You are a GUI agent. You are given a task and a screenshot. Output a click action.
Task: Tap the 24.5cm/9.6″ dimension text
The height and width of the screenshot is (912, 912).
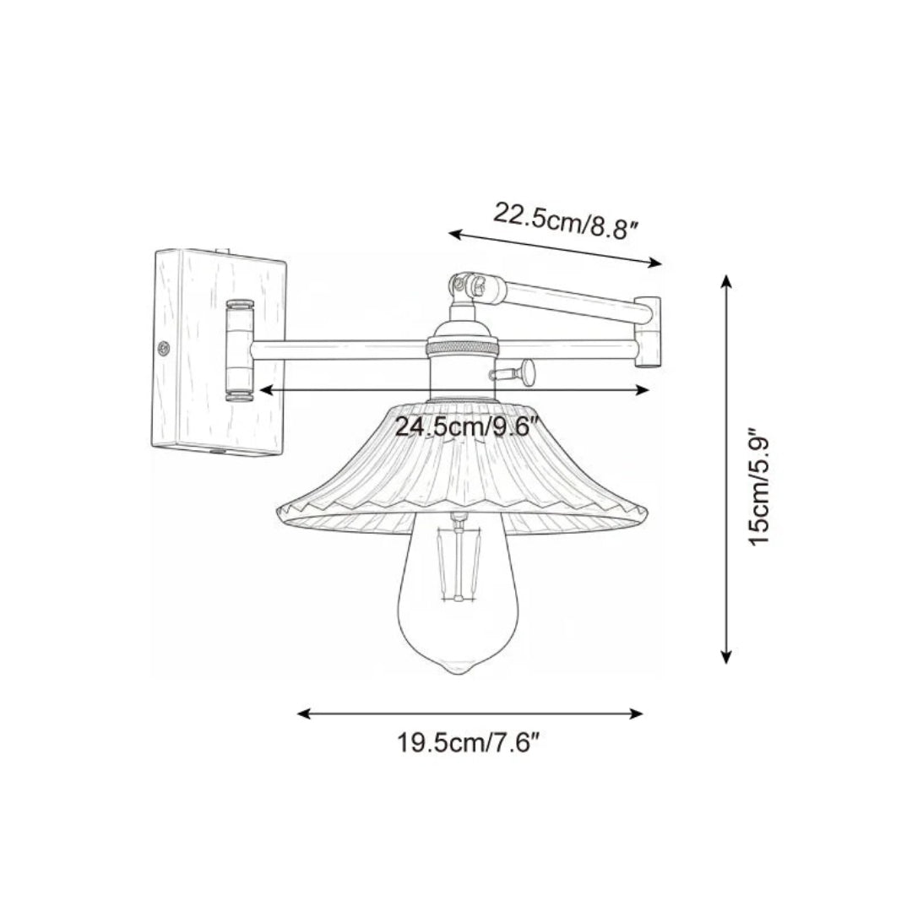pos(467,426)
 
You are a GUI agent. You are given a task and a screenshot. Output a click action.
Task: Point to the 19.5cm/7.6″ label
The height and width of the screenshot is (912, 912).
pos(469,744)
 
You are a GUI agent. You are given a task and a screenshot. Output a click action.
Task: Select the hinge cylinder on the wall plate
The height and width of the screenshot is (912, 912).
pos(239,348)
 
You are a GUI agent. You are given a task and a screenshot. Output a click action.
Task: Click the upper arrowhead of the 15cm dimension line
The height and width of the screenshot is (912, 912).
pos(725,278)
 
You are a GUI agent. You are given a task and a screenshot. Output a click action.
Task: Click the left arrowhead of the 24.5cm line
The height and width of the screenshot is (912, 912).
pos(263,389)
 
